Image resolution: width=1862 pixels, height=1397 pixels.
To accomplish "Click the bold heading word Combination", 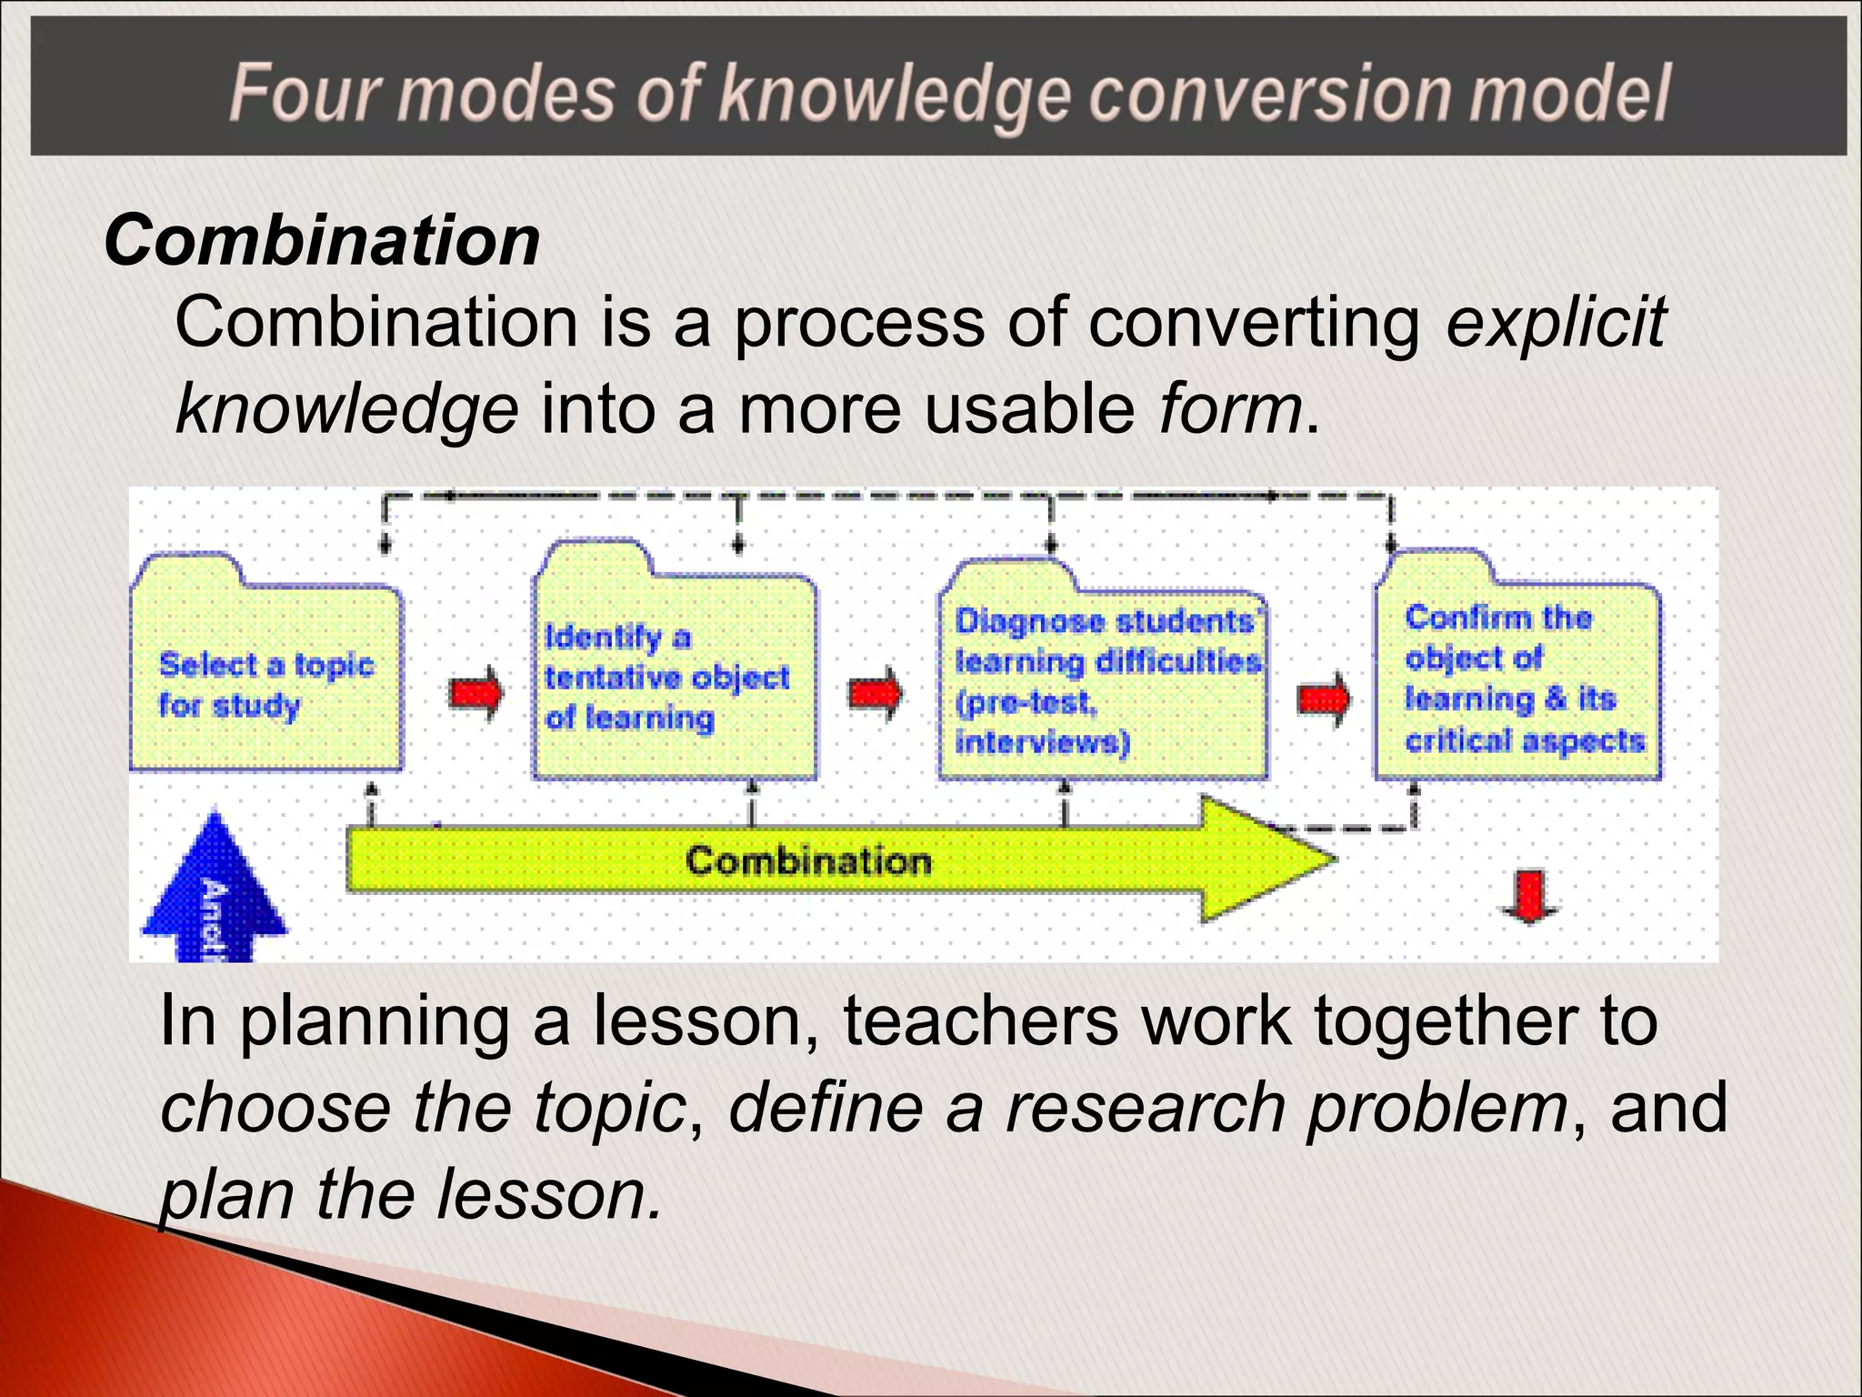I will (x=323, y=241).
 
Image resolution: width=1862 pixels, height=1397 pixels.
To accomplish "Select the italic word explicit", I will (x=1556, y=322).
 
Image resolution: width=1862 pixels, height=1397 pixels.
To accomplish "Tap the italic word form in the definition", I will (x=1230, y=409).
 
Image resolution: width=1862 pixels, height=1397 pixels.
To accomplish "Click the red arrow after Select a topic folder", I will (x=476, y=694).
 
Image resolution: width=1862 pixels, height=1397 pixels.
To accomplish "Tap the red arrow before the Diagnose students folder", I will (x=876, y=694).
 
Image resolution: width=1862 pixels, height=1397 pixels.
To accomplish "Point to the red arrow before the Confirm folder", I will (x=1323, y=698).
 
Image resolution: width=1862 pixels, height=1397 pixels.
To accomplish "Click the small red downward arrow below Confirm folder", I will (x=1530, y=897).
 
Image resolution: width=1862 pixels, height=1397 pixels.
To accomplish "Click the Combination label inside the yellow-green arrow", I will (x=808, y=860).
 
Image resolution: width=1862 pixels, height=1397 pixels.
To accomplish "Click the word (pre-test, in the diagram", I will (x=1026, y=703).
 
